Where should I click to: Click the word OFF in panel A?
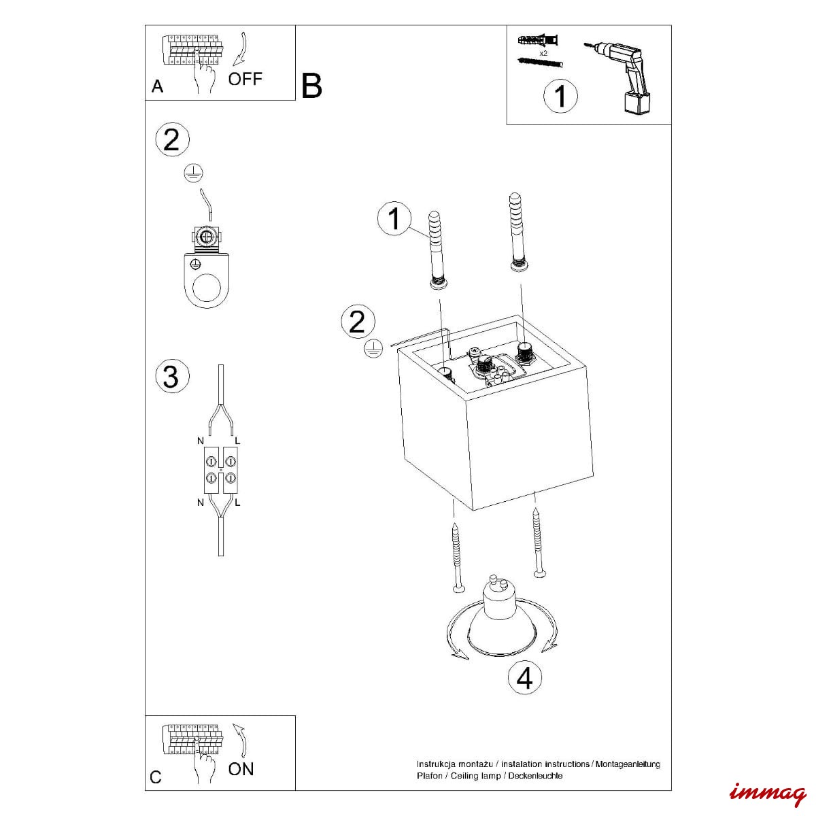click(x=245, y=79)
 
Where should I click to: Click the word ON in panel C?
click(x=241, y=769)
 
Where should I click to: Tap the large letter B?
click(x=311, y=86)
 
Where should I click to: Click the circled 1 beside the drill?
click(x=560, y=96)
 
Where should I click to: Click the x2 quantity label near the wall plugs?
click(x=543, y=52)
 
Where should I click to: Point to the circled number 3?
click(x=171, y=376)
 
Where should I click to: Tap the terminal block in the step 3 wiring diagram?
click(x=220, y=471)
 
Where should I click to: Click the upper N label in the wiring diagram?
click(x=201, y=441)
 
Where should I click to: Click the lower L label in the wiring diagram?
click(x=237, y=503)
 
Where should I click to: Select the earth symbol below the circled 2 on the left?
click(x=194, y=173)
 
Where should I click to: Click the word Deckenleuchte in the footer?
click(x=536, y=776)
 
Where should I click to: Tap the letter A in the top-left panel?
click(x=157, y=86)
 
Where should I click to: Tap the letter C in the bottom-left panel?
click(x=156, y=778)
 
